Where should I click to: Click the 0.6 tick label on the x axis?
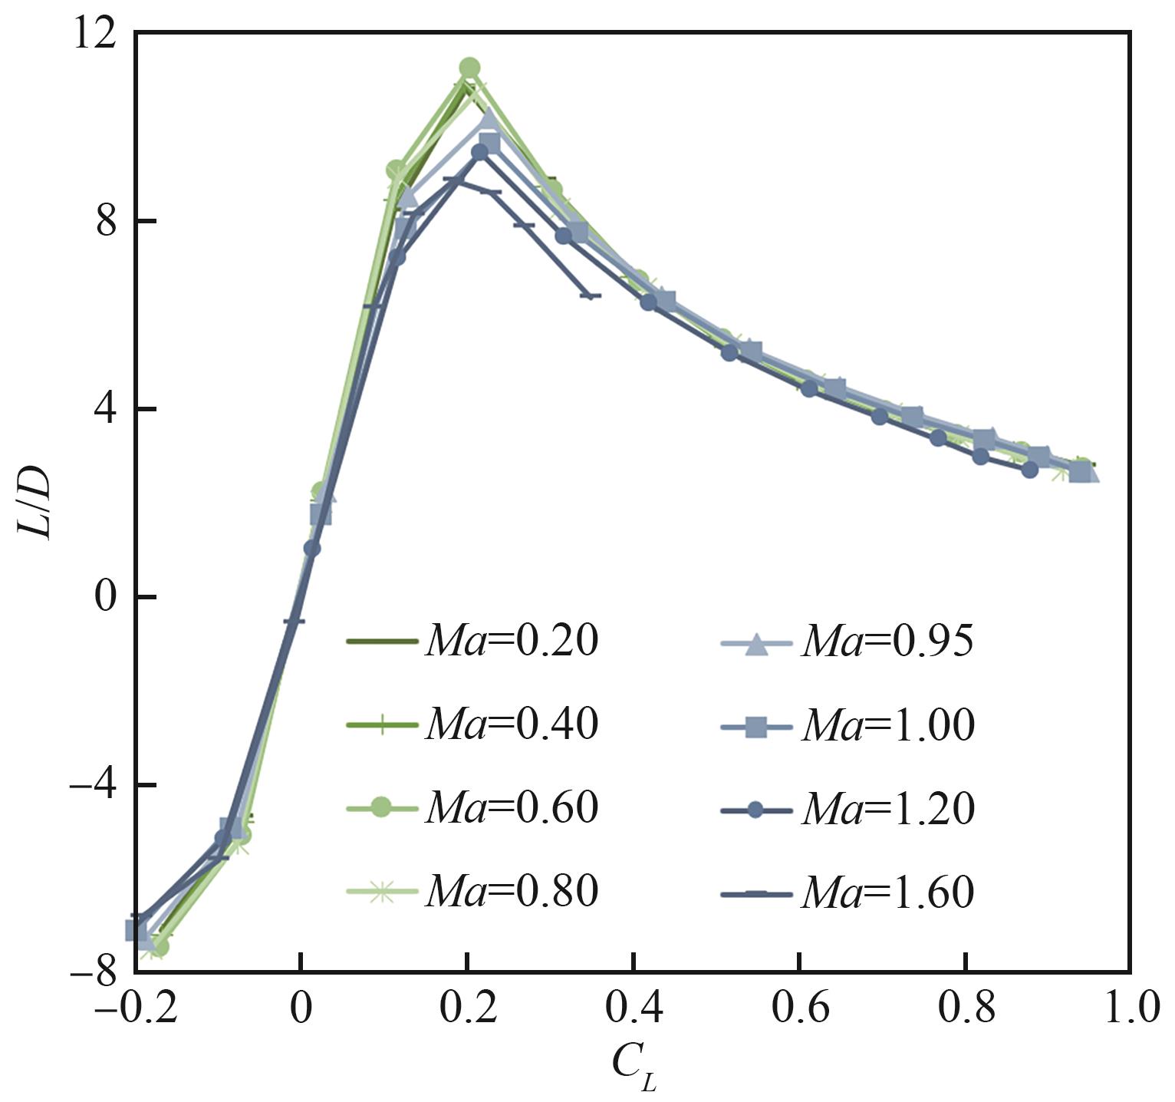[799, 1010]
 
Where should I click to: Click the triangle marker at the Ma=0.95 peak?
[489, 117]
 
